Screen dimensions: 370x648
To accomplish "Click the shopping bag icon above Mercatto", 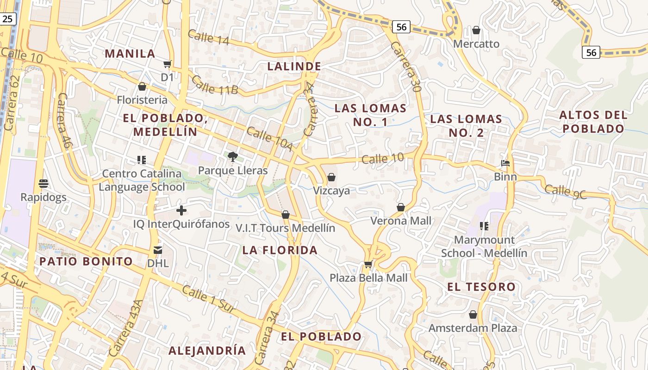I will coord(476,31).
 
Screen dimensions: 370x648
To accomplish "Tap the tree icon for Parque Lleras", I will coord(232,157).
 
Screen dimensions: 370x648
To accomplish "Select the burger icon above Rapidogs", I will coord(44,184).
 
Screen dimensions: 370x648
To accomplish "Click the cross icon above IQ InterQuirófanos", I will coord(181,211).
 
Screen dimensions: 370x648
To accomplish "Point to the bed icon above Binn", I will coord(505,163).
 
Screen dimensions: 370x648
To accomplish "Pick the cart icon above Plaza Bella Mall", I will coord(368,265).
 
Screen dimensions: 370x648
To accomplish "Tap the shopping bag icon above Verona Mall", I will coord(401,207).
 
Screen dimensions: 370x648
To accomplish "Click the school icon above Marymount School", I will coord(484,226).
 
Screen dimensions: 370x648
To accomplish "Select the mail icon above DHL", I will coord(158,250).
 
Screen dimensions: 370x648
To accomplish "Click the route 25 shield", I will coord(8,19).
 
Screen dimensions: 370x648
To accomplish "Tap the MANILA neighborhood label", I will coord(130,53).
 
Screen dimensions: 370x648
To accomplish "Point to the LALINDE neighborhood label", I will coord(294,66).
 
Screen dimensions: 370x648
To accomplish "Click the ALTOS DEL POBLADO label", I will coord(593,122).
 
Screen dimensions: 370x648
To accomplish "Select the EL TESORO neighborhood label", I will coord(481,287).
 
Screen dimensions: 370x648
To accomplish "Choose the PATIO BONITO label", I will coord(86,261).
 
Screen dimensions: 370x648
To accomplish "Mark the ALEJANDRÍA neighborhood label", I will coord(207,350).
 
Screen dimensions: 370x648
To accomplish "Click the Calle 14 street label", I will coord(209,37).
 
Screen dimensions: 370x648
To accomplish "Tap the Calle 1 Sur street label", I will coord(209,299).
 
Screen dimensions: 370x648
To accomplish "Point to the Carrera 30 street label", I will coord(405,67).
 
